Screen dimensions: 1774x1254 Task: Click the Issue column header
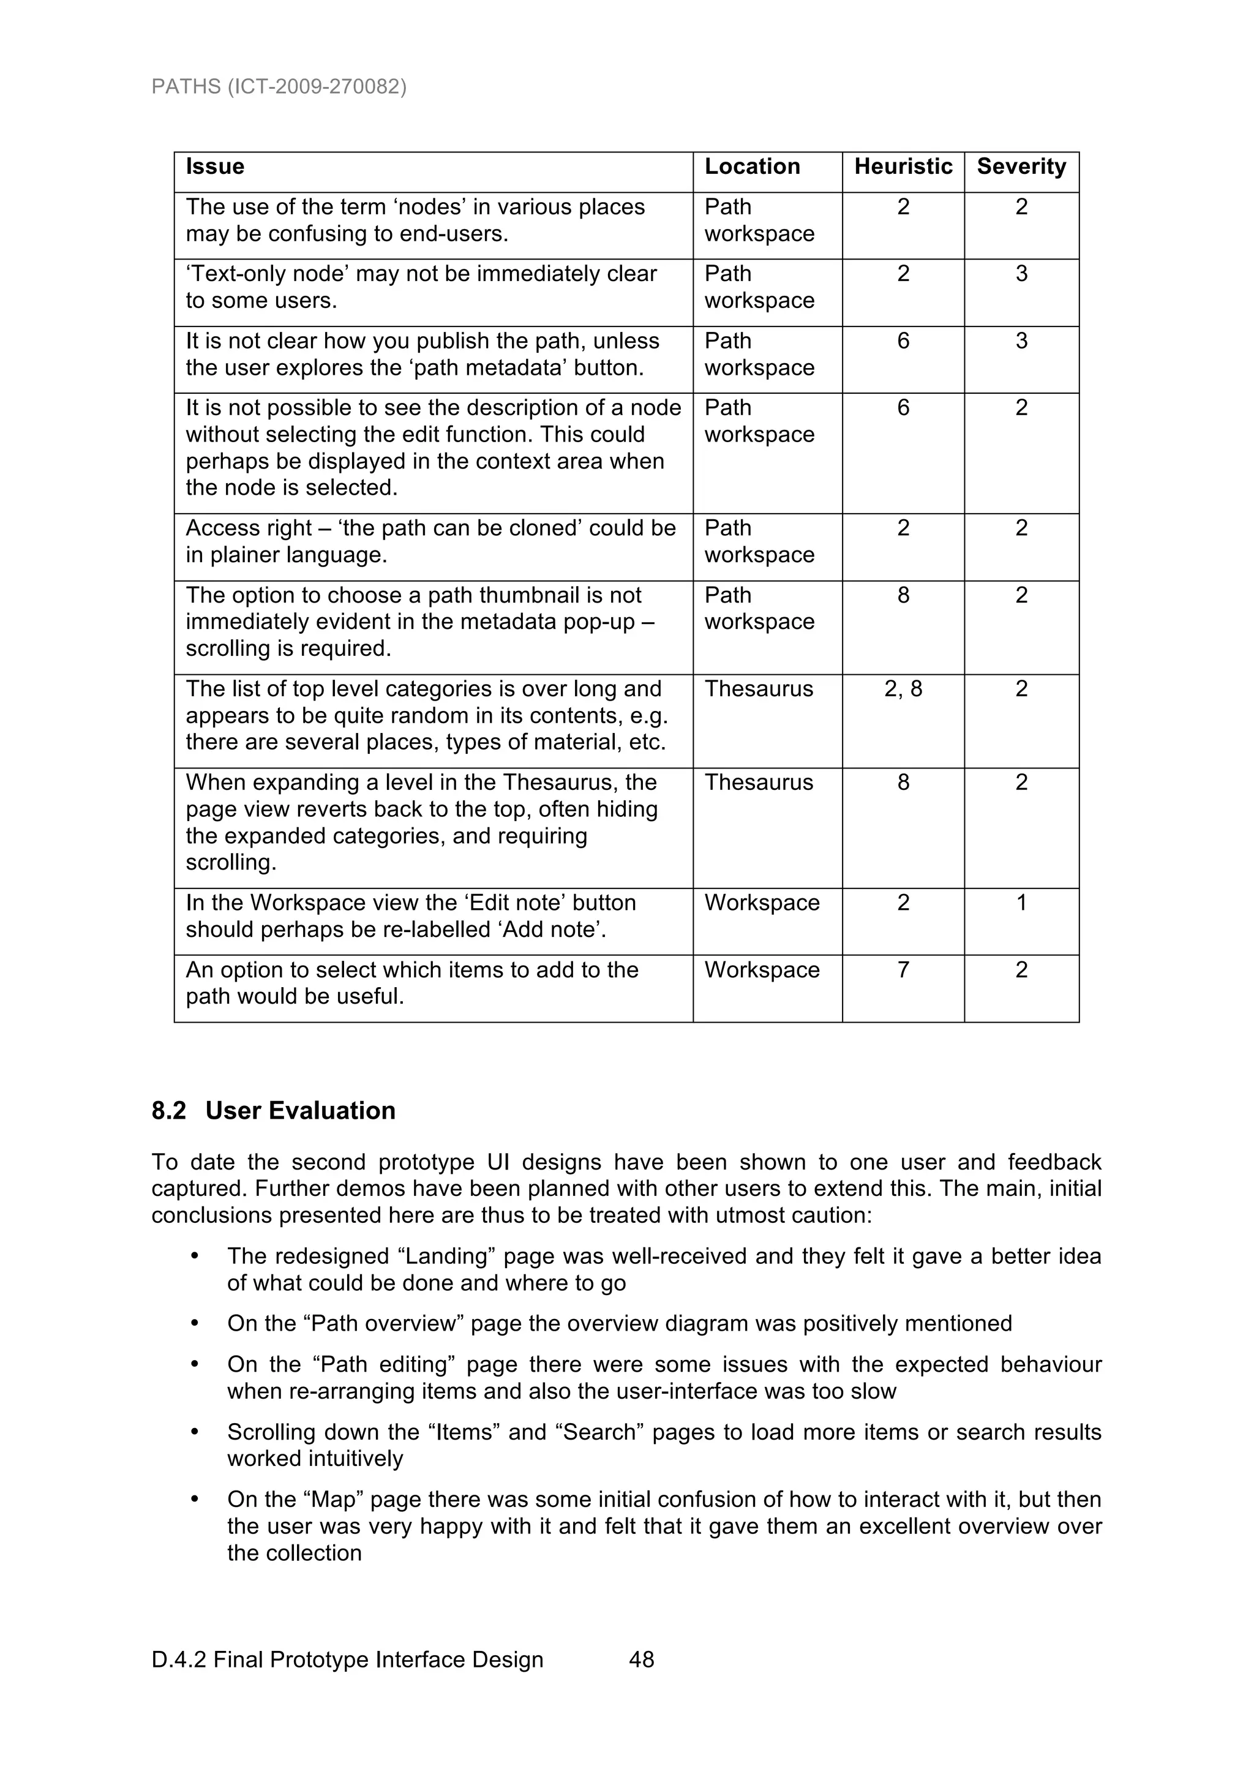(215, 167)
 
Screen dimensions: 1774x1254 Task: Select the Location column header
(752, 167)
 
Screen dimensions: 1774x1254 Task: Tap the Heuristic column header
(903, 167)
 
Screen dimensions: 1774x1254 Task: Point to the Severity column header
(1021, 167)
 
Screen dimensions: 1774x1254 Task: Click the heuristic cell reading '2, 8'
(903, 689)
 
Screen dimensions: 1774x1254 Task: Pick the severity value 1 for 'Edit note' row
(1021, 903)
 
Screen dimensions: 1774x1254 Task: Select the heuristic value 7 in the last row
(903, 971)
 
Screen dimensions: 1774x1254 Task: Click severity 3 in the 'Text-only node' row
(1021, 274)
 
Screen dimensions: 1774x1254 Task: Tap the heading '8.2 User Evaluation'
(274, 1111)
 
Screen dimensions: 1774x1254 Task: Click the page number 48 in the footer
(641, 1659)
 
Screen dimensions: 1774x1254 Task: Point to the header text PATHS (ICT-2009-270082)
(279, 86)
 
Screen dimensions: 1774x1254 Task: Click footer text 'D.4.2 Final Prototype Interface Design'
(347, 1659)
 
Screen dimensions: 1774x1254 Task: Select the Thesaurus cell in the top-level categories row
(759, 689)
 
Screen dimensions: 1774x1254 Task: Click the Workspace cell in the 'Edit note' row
(762, 903)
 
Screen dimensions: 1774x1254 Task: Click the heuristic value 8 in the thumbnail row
(903, 596)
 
